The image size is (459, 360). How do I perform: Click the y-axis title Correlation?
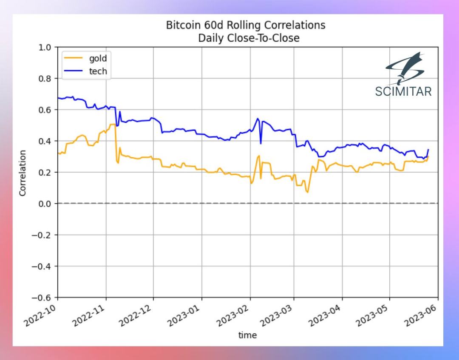pyautogui.click(x=23, y=173)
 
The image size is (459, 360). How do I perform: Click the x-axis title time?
pyautogui.click(x=247, y=335)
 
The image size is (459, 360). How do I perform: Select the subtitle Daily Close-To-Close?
pyautogui.click(x=249, y=38)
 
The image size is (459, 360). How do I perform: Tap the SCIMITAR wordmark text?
pyautogui.click(x=403, y=91)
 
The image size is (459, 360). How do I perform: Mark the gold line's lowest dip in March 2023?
pyautogui.click(x=307, y=192)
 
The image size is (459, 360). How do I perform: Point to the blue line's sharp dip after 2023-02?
pyautogui.click(x=261, y=143)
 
